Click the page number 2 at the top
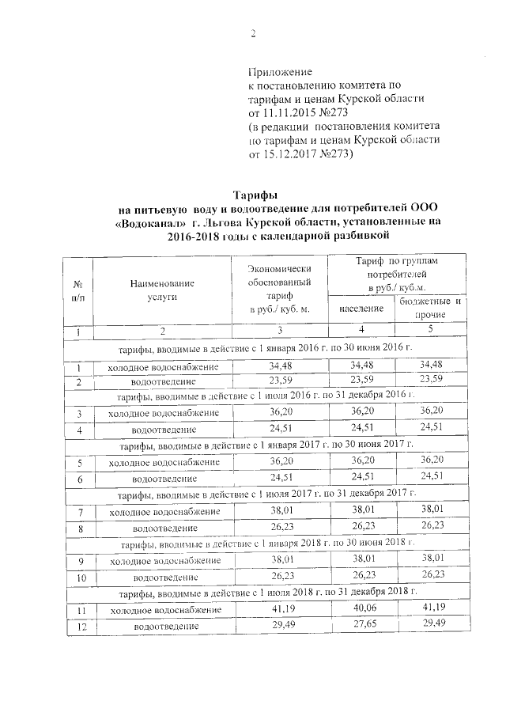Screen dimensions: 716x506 (x=253, y=33)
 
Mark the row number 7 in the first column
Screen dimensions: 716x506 (x=79, y=511)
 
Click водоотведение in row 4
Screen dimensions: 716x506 (x=163, y=430)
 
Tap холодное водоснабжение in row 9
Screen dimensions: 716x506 (x=163, y=561)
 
